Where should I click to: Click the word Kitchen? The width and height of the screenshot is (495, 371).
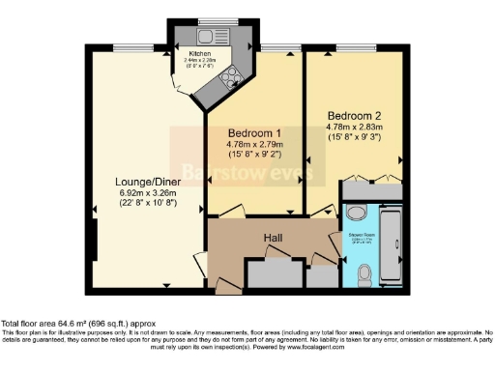(x=200, y=54)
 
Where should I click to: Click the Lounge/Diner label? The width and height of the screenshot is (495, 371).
(x=142, y=180)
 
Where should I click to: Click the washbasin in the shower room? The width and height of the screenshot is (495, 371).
(x=355, y=213)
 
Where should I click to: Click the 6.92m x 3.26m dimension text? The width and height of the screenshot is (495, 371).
(x=142, y=192)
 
